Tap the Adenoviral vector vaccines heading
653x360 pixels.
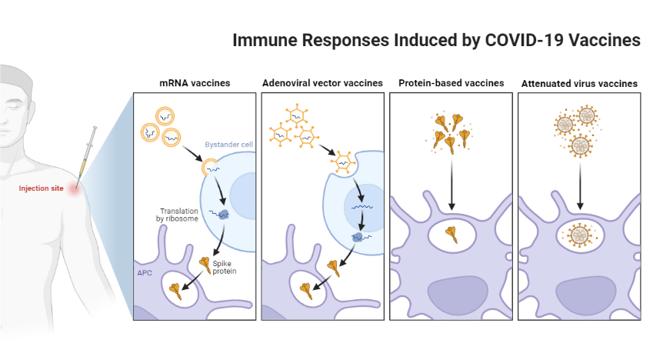(x=322, y=82)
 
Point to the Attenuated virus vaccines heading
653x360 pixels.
(x=579, y=82)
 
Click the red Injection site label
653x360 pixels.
(x=42, y=188)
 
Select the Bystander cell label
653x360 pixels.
(x=228, y=145)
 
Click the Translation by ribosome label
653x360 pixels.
(x=179, y=215)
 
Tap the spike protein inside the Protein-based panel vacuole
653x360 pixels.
(x=451, y=234)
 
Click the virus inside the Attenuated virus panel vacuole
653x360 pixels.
(x=578, y=234)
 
